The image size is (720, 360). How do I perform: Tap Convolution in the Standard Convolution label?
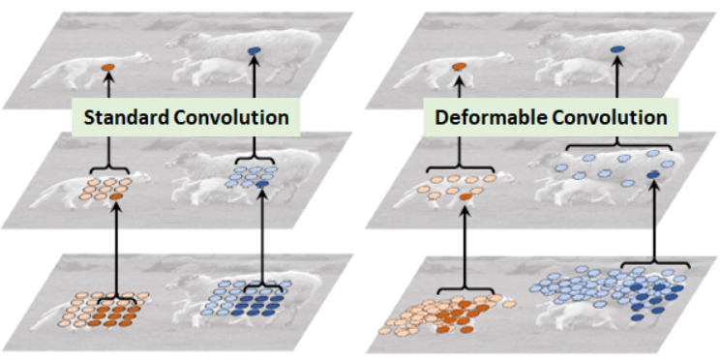point(231,117)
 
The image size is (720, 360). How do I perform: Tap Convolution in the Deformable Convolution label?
point(610,117)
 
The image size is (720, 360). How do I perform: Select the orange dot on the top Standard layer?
point(108,67)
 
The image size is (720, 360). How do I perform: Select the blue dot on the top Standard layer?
point(254,51)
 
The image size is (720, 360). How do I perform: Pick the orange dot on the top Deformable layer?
point(459,67)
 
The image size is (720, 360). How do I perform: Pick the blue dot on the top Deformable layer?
point(617,48)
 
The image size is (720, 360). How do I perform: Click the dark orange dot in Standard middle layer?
point(116,196)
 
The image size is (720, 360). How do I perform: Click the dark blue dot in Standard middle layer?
point(262,184)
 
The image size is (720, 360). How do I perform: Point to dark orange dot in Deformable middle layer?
point(465,197)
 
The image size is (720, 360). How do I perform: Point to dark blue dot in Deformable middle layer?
point(653,175)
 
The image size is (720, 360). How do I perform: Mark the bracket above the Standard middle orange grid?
point(108,168)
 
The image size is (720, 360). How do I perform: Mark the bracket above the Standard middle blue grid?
point(255,159)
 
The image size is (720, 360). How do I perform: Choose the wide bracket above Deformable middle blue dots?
point(618,145)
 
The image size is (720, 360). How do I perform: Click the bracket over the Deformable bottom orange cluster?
point(465,289)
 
